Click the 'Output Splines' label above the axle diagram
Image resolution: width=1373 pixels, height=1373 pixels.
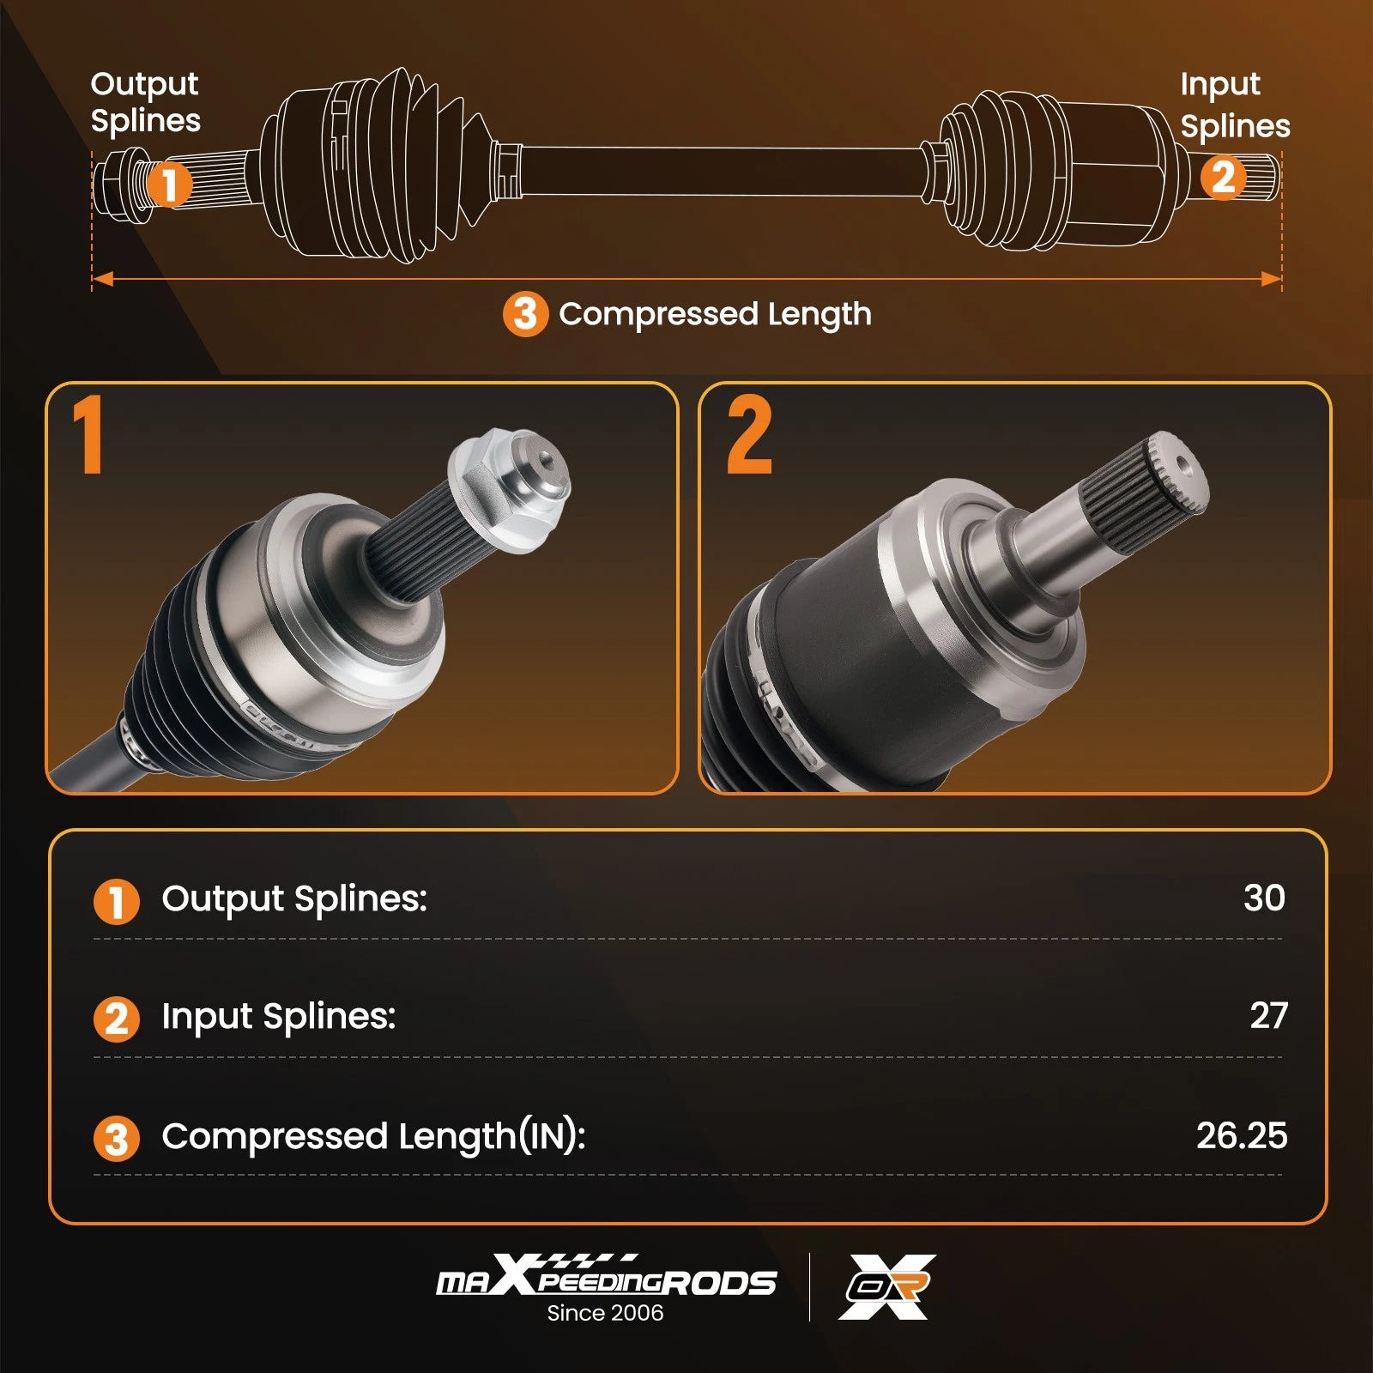click(145, 103)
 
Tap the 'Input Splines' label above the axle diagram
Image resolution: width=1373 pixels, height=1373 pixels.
click(1235, 105)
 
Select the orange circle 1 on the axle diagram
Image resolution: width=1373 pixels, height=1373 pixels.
click(169, 184)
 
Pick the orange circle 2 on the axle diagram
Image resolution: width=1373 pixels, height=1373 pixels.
click(1223, 178)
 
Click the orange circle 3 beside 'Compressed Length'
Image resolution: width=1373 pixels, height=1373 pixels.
click(525, 314)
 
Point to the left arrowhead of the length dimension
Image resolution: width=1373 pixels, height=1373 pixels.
click(102, 279)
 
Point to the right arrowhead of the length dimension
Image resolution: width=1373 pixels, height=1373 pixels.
click(1271, 279)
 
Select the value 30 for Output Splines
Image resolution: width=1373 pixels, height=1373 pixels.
click(1264, 898)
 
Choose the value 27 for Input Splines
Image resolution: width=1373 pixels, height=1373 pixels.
click(1268, 1016)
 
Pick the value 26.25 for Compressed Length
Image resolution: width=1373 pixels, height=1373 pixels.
click(1242, 1135)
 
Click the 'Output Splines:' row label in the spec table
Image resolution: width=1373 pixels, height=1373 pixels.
click(294, 899)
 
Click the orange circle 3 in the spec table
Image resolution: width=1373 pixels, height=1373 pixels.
click(116, 1139)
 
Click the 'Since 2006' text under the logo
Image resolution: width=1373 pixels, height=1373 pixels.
click(605, 1313)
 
